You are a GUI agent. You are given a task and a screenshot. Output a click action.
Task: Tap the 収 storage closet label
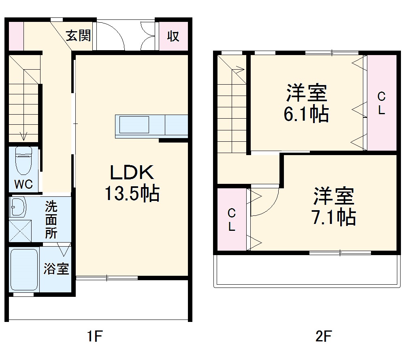(173, 36)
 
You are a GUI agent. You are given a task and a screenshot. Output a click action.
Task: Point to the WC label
(23, 184)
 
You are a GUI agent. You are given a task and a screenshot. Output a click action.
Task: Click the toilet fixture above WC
(23, 160)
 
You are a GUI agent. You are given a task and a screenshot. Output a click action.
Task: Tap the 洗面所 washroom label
(51, 220)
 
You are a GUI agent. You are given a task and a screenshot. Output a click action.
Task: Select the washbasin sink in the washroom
(18, 207)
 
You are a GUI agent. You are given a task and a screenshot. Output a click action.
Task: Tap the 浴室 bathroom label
(56, 268)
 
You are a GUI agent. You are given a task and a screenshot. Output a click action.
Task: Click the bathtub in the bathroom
(24, 270)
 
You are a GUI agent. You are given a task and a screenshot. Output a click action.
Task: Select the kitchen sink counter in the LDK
(134, 125)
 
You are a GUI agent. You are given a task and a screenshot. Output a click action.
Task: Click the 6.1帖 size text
(306, 115)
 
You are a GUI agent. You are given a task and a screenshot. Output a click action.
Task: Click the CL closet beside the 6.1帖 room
(382, 103)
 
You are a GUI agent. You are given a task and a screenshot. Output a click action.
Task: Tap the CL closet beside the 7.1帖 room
(232, 219)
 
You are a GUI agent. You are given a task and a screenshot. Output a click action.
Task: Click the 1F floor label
(94, 336)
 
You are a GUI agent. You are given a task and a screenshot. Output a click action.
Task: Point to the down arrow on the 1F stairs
(23, 136)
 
